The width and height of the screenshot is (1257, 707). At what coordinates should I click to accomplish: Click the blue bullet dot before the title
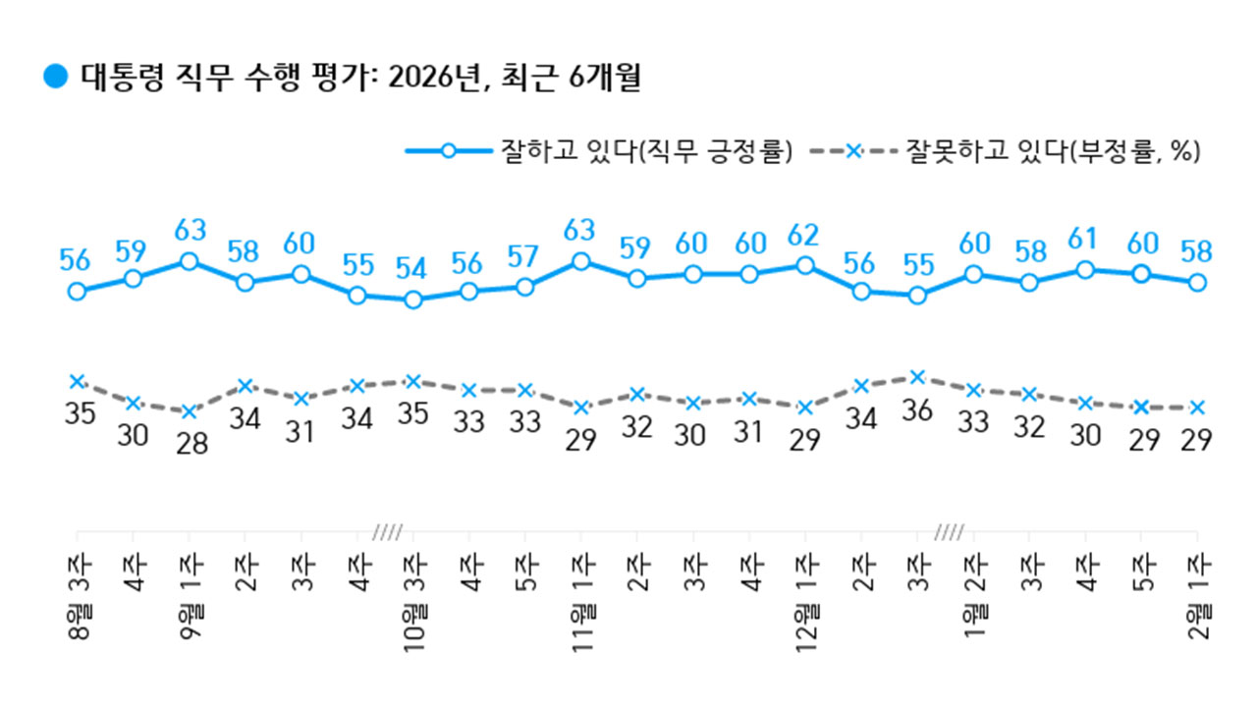tap(55, 76)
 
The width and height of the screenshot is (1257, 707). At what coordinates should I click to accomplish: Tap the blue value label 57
tap(524, 256)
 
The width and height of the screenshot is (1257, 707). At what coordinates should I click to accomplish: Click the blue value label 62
tap(805, 235)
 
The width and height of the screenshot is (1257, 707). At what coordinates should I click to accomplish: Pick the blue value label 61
tap(1085, 239)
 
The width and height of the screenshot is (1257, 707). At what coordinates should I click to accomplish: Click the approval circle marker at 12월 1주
tap(805, 265)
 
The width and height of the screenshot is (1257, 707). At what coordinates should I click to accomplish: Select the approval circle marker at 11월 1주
tap(581, 261)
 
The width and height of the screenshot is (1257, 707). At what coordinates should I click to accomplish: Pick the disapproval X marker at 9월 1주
tap(189, 411)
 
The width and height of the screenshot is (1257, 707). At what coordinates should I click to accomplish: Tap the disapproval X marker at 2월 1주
tap(1196, 407)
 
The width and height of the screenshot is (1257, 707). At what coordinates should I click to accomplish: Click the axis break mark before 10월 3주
tap(386, 533)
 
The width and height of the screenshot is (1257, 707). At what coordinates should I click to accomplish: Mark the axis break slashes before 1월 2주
tap(948, 533)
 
